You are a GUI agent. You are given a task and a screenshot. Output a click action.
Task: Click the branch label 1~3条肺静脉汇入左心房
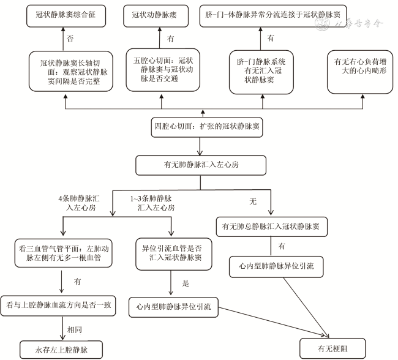(x=152, y=204)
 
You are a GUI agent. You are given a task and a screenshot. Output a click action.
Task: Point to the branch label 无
(x=253, y=200)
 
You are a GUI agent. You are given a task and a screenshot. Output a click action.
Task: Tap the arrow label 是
(x=186, y=283)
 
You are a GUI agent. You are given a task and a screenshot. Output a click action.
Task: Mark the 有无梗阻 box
(x=332, y=349)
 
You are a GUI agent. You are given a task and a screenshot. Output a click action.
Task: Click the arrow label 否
(x=69, y=39)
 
